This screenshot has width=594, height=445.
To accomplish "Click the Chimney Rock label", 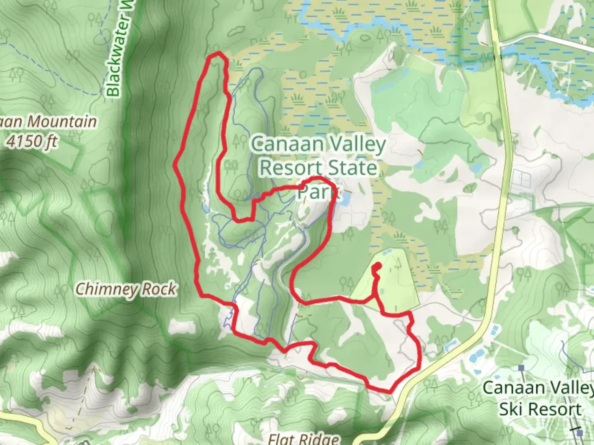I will [x=126, y=289].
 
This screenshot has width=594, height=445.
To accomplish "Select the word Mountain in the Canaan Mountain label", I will [x=62, y=122].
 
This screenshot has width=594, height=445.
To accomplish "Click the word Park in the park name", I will [x=317, y=191].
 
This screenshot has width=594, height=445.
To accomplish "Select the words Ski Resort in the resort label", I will [x=540, y=409].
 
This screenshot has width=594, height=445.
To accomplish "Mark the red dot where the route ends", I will [x=376, y=267].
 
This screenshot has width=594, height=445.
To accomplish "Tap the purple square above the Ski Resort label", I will [x=522, y=368].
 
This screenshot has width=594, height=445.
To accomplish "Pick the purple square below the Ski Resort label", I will [x=580, y=433].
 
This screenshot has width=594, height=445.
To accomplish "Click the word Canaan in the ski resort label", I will [x=508, y=388].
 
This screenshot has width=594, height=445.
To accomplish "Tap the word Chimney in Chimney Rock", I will [x=106, y=289].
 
